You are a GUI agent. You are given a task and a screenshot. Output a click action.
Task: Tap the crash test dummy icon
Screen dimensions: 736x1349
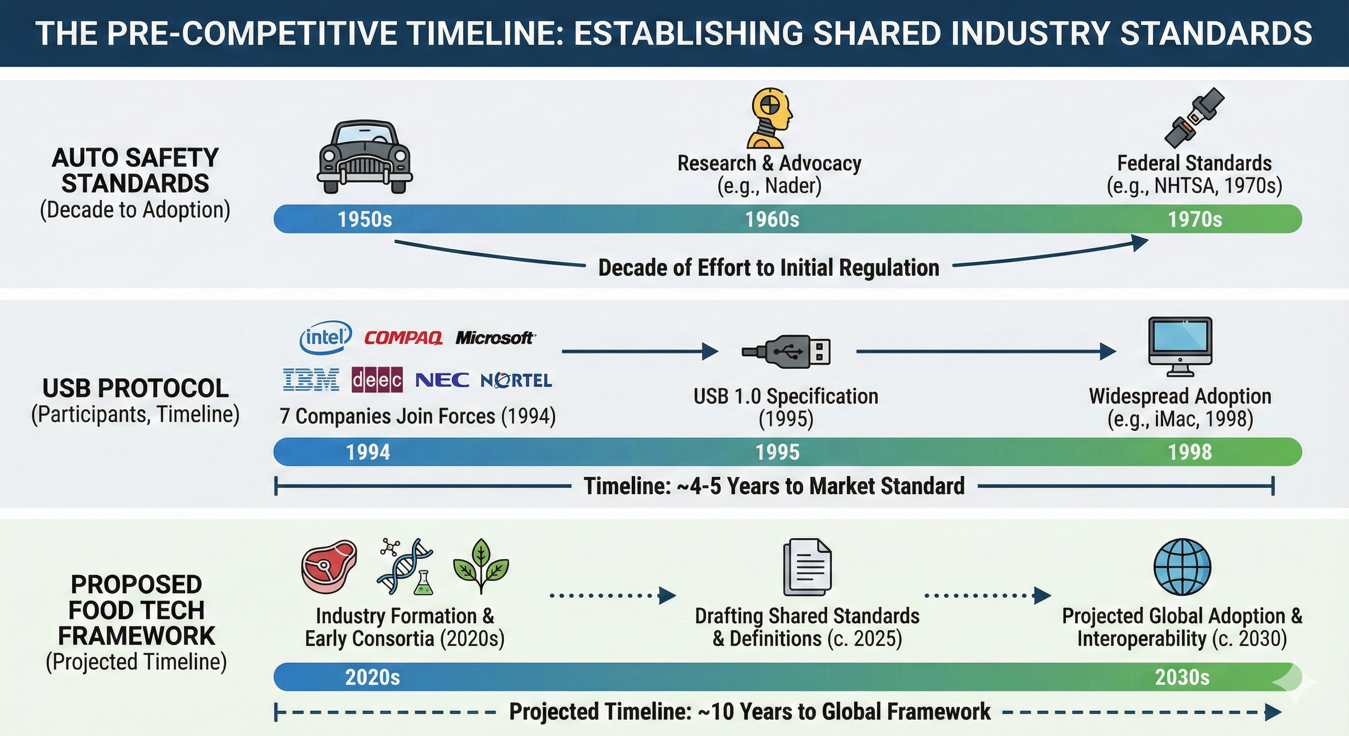pyautogui.click(x=769, y=118)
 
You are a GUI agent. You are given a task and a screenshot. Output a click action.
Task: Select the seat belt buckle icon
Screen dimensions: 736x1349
pyautogui.click(x=1194, y=118)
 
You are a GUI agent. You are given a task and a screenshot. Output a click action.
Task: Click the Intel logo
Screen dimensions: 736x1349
pyautogui.click(x=325, y=337)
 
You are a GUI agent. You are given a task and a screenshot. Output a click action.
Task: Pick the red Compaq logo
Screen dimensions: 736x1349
pyautogui.click(x=403, y=338)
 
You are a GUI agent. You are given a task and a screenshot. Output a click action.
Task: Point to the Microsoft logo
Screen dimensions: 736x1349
pyautogui.click(x=495, y=338)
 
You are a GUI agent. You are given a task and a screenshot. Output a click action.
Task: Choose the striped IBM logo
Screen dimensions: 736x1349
pyautogui.click(x=311, y=380)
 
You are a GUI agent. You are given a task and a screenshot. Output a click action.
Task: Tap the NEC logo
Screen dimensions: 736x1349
pyautogui.click(x=442, y=380)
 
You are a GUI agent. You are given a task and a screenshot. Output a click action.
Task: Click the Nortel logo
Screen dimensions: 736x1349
pyautogui.click(x=516, y=380)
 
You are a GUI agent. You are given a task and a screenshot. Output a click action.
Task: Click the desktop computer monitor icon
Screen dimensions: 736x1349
pyautogui.click(x=1180, y=346)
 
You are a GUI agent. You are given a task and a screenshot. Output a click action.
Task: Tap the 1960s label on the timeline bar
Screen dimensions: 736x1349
pyautogui.click(x=772, y=219)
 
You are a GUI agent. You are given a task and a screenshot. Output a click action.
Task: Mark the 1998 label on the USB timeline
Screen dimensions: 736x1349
pyautogui.click(x=1190, y=452)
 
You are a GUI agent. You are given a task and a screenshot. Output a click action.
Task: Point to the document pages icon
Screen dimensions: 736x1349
pyautogui.click(x=806, y=568)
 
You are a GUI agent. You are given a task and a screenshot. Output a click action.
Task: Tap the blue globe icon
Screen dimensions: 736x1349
pyautogui.click(x=1182, y=567)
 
